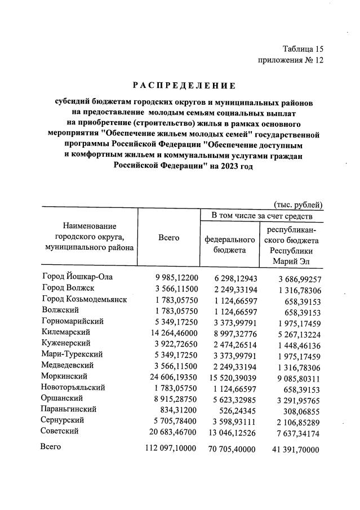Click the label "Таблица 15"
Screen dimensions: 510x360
pos(303,49)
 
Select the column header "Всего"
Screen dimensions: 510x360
pos(169,238)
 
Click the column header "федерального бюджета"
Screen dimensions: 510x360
pos(229,243)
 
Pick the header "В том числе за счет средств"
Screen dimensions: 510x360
pos(259,216)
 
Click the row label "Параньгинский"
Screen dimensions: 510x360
pos(69,409)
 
